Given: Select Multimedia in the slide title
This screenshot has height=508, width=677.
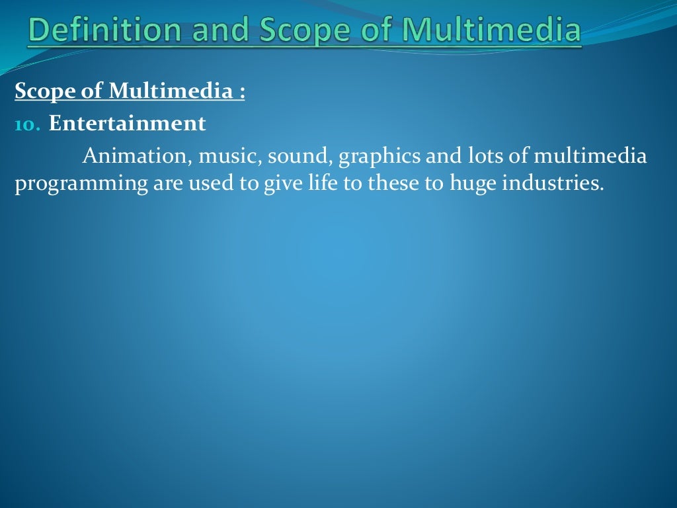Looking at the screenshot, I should coord(492,30).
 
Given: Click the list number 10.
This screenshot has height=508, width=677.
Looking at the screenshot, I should coord(27,124).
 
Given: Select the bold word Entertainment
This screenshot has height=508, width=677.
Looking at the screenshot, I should coord(127,124).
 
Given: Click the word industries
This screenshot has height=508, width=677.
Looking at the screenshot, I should coord(553,183).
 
